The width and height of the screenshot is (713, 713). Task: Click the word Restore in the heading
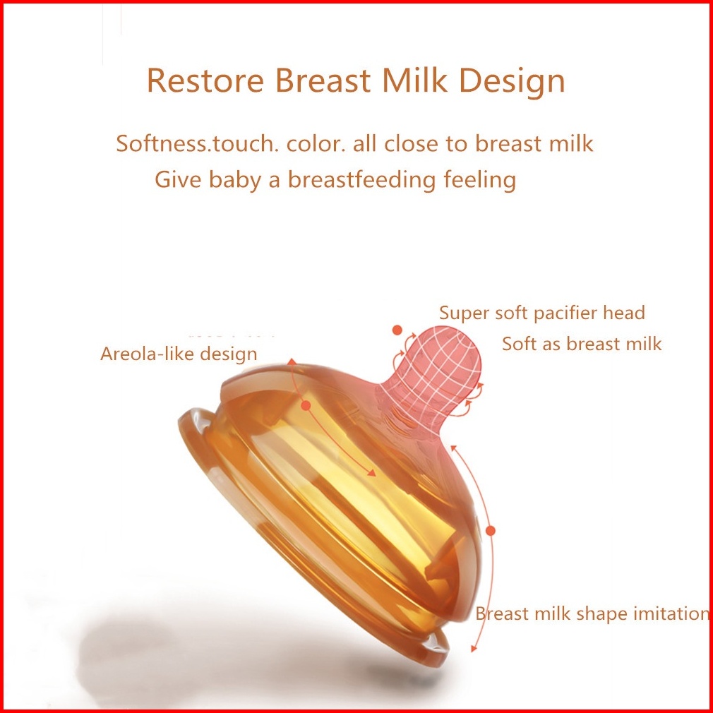(x=205, y=80)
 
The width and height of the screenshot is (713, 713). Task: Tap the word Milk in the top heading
(x=414, y=80)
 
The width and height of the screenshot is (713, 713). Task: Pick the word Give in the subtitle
(x=178, y=179)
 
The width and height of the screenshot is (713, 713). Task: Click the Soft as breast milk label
(x=582, y=344)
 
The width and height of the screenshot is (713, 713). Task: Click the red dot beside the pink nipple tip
(x=397, y=330)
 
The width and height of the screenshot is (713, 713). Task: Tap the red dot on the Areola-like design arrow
(x=306, y=405)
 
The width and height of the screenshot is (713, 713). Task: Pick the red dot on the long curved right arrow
(x=490, y=530)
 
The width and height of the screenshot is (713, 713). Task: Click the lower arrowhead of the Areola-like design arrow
(x=372, y=474)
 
